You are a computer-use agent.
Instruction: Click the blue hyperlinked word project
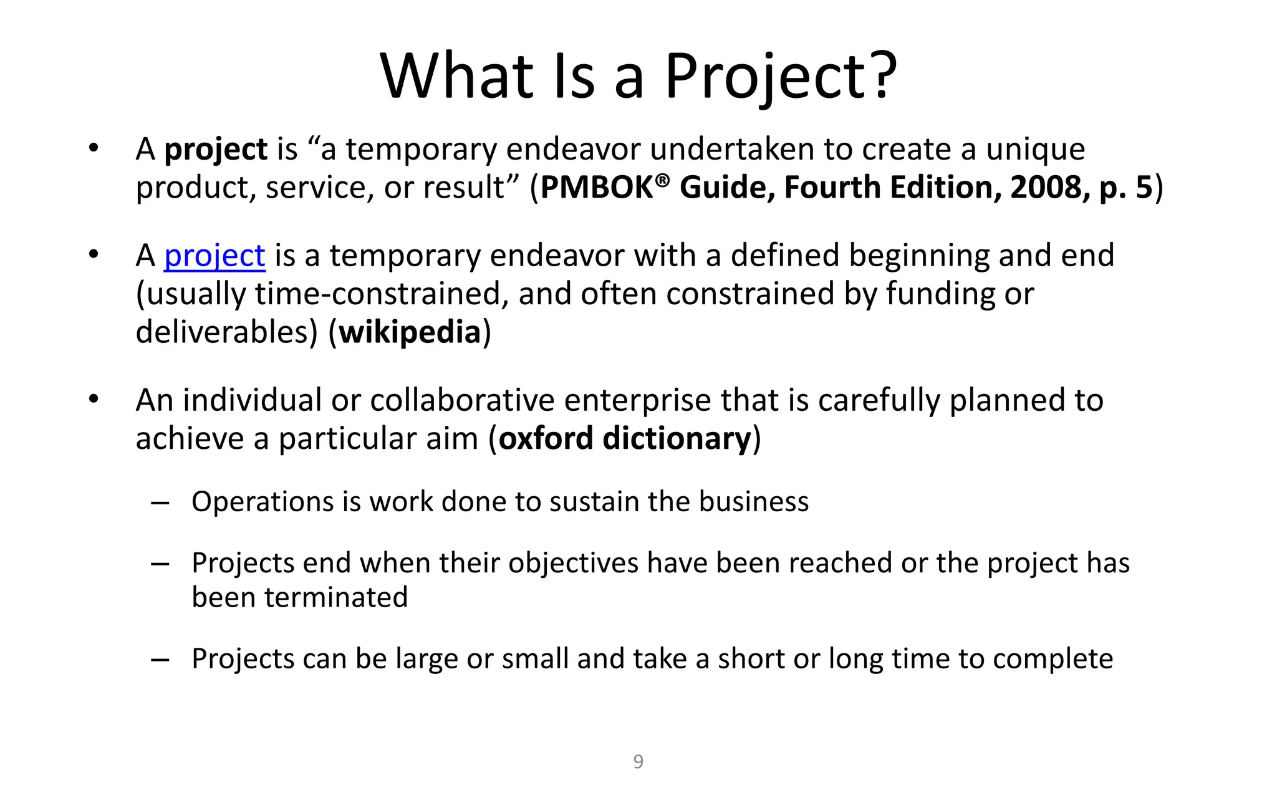pos(214,256)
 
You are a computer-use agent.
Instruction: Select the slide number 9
pos(638,761)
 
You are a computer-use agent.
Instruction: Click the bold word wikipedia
pos(410,332)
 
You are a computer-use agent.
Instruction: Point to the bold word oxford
pos(546,438)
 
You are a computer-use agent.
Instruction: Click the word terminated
pos(336,597)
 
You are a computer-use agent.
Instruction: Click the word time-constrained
pos(378,294)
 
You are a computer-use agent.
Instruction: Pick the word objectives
pos(574,564)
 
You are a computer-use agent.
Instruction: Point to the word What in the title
pos(456,75)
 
